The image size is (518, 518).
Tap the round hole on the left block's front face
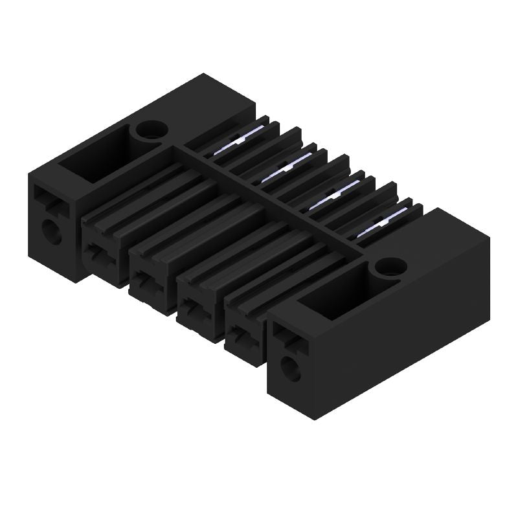tap(51, 231)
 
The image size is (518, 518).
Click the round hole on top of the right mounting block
tap(390, 266)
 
